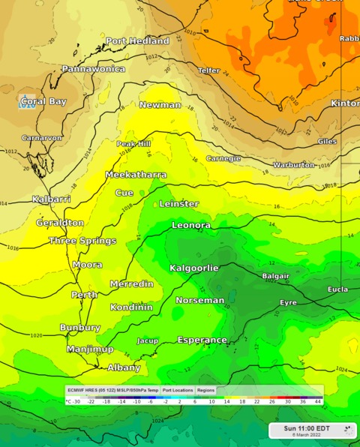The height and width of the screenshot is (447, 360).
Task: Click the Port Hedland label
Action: (x=137, y=41)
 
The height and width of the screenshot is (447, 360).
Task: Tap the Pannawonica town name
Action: (x=93, y=69)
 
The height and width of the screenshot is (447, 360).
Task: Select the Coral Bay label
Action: (x=43, y=101)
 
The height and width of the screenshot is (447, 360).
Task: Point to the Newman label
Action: (x=160, y=105)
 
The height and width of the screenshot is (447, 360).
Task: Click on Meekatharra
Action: (x=136, y=175)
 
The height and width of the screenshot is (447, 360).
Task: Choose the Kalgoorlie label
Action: (x=194, y=268)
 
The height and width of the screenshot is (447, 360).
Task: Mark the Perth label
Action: (x=85, y=295)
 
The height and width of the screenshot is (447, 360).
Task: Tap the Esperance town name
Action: (x=202, y=340)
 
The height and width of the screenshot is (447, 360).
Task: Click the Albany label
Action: (x=124, y=367)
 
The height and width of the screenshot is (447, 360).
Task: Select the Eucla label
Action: (x=337, y=289)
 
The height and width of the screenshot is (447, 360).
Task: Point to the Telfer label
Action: (x=208, y=70)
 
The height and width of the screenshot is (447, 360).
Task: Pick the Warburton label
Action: (x=293, y=164)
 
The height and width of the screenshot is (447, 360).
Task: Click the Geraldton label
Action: (x=60, y=223)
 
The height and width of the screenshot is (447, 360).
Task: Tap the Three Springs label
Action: (x=82, y=241)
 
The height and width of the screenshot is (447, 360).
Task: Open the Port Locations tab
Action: (x=178, y=390)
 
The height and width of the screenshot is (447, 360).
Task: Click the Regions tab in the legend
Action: (x=205, y=390)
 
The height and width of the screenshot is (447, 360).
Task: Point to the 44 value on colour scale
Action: (x=319, y=402)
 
